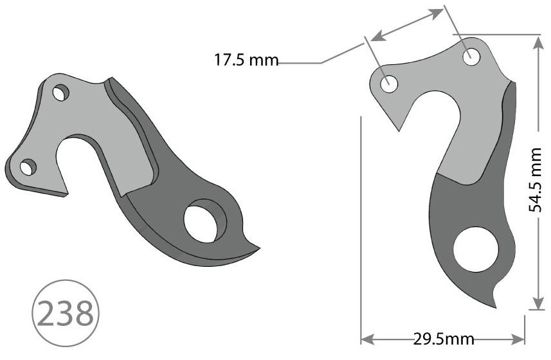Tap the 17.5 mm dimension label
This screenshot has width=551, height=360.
click(246, 61)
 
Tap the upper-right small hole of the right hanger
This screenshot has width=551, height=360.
click(471, 56)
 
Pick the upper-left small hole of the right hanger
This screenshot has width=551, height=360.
click(389, 83)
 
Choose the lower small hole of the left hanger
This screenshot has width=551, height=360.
click(28, 168)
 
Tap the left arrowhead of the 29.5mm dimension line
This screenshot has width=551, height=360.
click(365, 338)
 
